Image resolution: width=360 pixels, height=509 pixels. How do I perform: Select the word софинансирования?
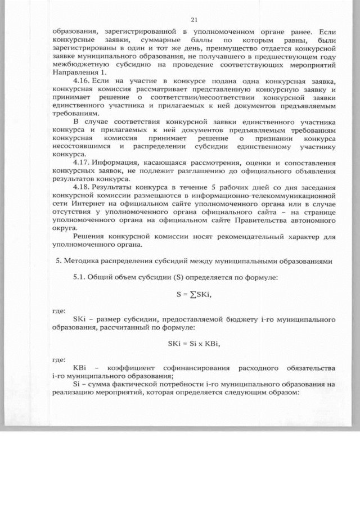click(x=196, y=367)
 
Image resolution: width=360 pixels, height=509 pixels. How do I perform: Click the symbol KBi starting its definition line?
click(x=79, y=367)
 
